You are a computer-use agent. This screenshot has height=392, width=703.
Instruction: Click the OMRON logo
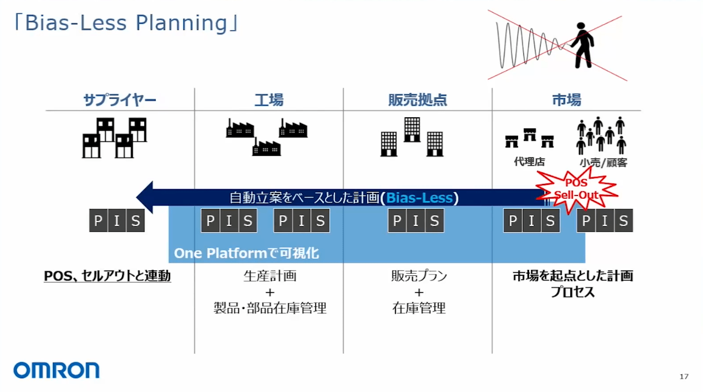(57, 370)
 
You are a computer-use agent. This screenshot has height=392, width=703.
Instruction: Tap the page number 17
(684, 377)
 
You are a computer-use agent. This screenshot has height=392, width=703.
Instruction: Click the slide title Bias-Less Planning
(126, 23)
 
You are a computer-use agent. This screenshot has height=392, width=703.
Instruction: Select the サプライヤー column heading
(120, 100)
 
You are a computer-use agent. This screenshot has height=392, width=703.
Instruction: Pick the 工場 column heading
(269, 100)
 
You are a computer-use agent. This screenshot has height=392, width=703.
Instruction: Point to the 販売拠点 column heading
(418, 100)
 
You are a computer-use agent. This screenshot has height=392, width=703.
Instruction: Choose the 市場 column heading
(567, 100)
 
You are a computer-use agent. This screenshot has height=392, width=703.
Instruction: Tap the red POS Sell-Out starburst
(576, 190)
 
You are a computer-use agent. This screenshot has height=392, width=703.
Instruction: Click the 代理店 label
(529, 162)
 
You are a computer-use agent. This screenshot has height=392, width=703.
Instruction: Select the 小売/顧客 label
(603, 163)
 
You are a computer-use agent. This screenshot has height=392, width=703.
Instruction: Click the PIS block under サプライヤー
(117, 221)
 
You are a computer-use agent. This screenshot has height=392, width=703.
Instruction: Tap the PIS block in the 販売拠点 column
(416, 221)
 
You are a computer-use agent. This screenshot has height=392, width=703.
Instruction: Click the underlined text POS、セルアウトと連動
(107, 276)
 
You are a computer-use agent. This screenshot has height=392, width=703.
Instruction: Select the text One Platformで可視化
(246, 254)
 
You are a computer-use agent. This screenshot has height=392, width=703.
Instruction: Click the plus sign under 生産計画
(270, 292)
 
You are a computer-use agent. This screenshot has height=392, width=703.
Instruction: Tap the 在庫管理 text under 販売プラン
(419, 308)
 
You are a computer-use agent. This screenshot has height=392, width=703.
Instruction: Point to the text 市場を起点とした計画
(572, 276)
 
